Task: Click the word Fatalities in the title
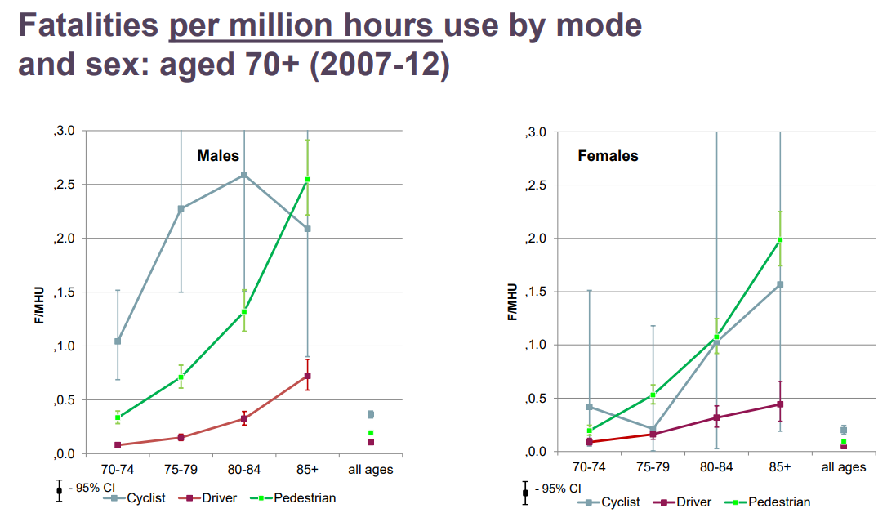pyautogui.click(x=88, y=25)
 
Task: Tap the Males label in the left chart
pyautogui.click(x=218, y=155)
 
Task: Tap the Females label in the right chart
pyautogui.click(x=608, y=155)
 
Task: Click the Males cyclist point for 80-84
pyautogui.click(x=244, y=174)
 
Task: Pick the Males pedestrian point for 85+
pyautogui.click(x=307, y=180)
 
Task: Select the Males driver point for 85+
pyautogui.click(x=307, y=376)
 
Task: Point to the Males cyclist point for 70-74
pyautogui.click(x=118, y=341)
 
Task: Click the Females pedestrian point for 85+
pyautogui.click(x=780, y=240)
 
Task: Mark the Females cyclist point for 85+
pyautogui.click(x=780, y=284)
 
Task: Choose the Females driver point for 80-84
pyautogui.click(x=716, y=417)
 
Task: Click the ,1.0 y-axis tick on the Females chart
pyautogui.click(x=535, y=345)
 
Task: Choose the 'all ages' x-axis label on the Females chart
pyautogui.click(x=843, y=467)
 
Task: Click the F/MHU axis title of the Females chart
pyautogui.click(x=513, y=301)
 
